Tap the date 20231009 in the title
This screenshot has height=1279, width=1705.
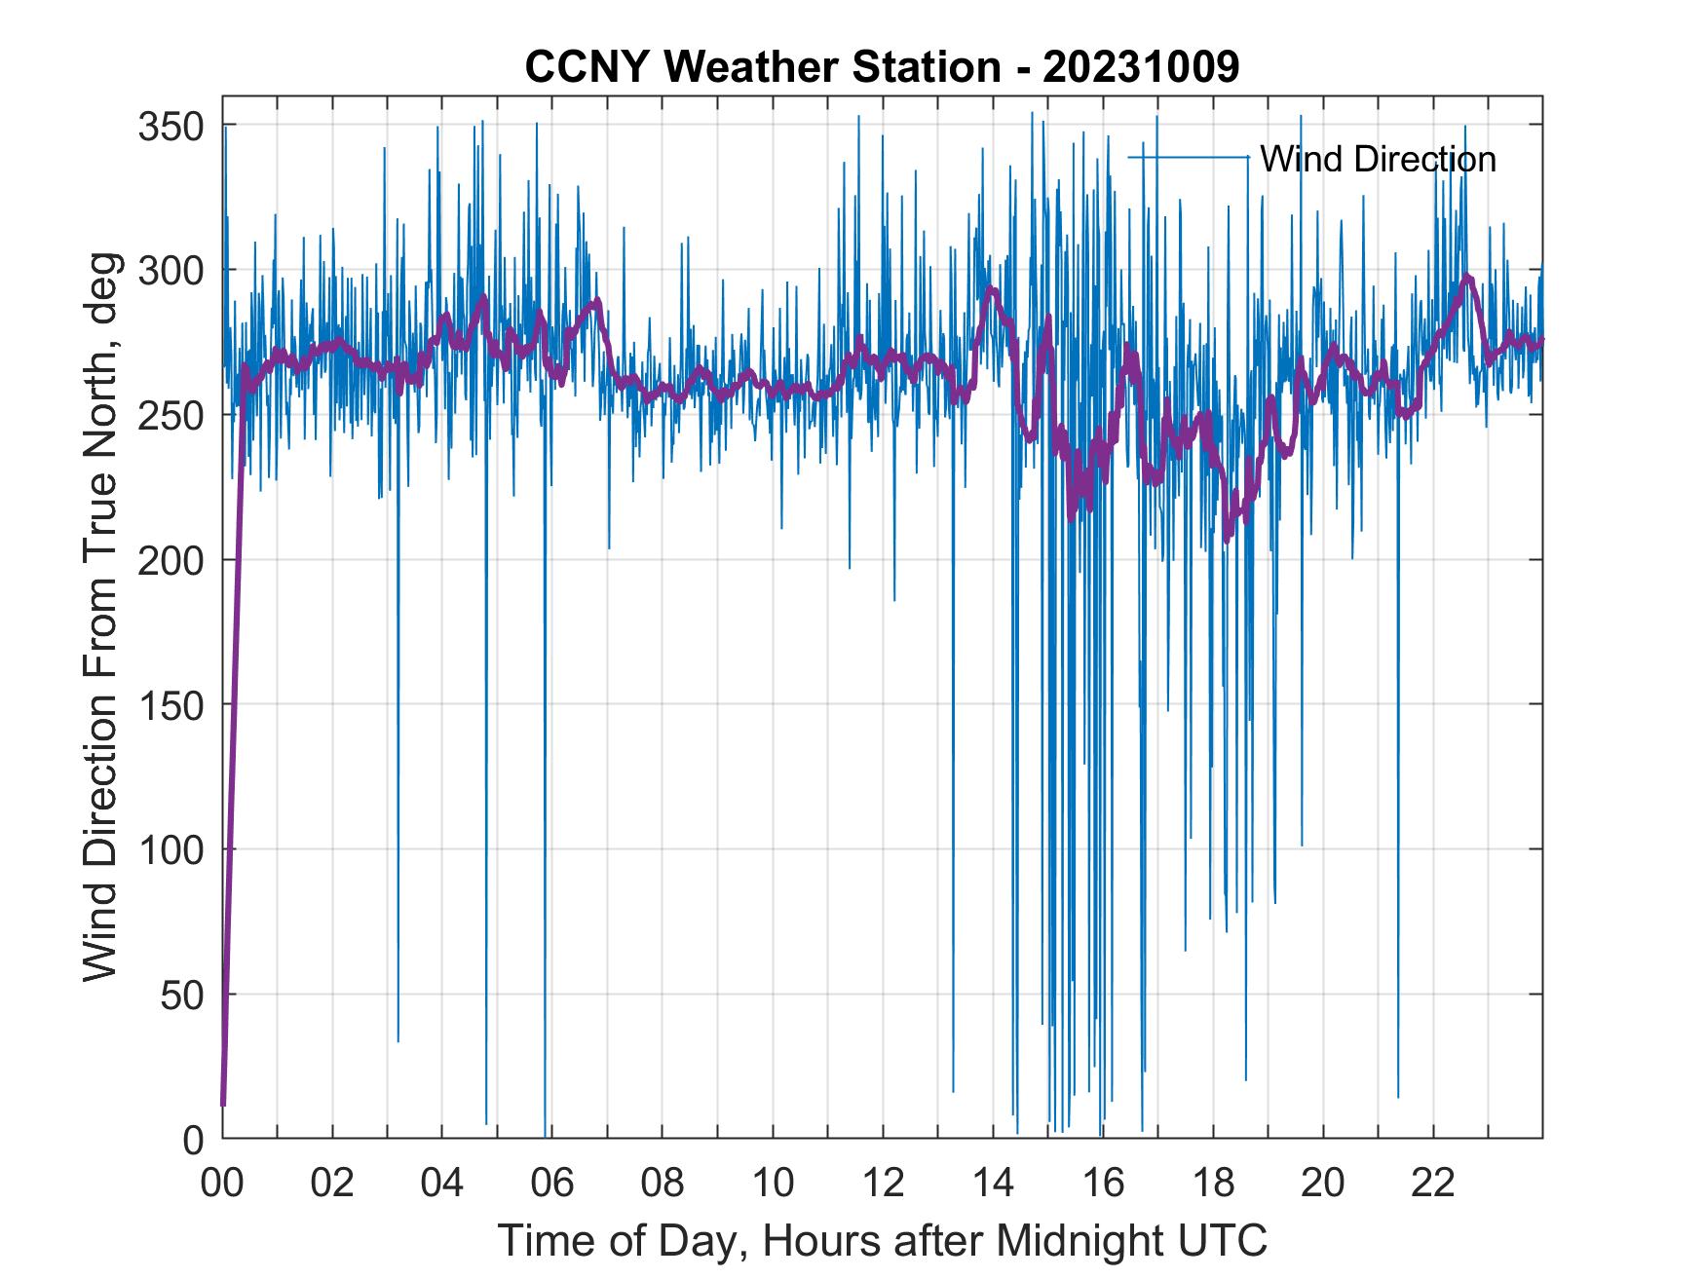click(x=1141, y=67)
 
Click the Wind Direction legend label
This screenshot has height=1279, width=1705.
click(x=1378, y=159)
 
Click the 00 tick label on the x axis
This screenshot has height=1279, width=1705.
click(x=222, y=1183)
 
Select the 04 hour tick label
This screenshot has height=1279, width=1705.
click(x=442, y=1183)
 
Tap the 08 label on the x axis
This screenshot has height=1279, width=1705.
click(x=663, y=1183)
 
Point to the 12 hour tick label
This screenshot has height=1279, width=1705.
click(x=883, y=1183)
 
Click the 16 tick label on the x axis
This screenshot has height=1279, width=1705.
click(x=1103, y=1183)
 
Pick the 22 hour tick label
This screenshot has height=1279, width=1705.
click(x=1433, y=1183)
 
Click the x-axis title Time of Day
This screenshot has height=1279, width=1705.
click(x=883, y=1241)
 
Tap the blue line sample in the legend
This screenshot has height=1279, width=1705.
click(x=1189, y=158)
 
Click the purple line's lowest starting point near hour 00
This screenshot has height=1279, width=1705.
click(x=223, y=1104)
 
